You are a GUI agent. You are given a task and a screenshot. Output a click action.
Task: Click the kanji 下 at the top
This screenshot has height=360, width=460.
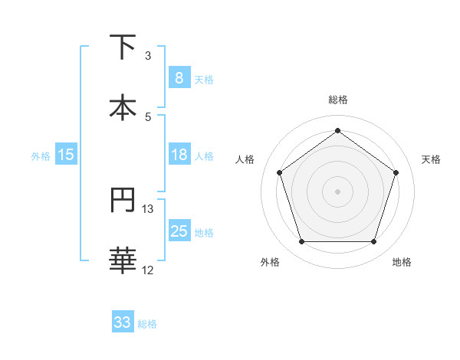pyautogui.click(x=123, y=47)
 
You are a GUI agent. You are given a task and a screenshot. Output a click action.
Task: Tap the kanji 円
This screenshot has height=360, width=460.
pyautogui.click(x=123, y=201)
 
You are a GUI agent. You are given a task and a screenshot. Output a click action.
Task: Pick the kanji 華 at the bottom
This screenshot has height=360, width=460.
pyautogui.click(x=123, y=260)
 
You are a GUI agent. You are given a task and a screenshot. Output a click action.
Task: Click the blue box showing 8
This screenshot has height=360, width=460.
pyautogui.click(x=179, y=78)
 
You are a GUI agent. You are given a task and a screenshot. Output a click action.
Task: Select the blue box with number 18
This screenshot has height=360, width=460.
pyautogui.click(x=179, y=155)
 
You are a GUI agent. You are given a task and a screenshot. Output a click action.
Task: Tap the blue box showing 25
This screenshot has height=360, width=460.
pyautogui.click(x=179, y=231)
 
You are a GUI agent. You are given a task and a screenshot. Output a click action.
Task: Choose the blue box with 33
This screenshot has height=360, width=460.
pyautogui.click(x=123, y=322)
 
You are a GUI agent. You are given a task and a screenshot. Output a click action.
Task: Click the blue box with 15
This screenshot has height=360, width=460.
pyautogui.click(x=66, y=155)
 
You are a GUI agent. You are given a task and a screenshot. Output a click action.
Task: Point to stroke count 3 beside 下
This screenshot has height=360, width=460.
pyautogui.click(x=148, y=56)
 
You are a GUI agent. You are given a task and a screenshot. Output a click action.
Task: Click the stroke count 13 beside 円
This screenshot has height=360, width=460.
pyautogui.click(x=148, y=209)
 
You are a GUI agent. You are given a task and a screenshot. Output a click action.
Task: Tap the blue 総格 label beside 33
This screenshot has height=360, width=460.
pyautogui.click(x=147, y=324)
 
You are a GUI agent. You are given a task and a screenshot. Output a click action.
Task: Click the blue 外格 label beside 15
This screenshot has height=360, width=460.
pyautogui.click(x=41, y=155)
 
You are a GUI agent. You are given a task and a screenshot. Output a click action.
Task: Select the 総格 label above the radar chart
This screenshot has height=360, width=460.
pyautogui.click(x=337, y=100)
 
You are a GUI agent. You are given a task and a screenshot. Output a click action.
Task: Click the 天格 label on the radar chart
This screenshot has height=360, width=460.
pyautogui.click(x=431, y=159)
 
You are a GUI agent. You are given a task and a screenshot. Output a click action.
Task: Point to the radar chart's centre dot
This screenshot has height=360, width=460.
pyautogui.click(x=337, y=191)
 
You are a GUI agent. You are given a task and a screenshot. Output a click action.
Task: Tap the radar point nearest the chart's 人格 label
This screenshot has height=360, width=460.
pyautogui.click(x=280, y=172)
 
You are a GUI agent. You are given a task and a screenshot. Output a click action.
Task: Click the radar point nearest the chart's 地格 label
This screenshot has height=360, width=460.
pyautogui.click(x=373, y=241)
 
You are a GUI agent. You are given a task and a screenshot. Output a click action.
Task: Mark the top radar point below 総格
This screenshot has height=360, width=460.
pyautogui.click(x=337, y=130)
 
